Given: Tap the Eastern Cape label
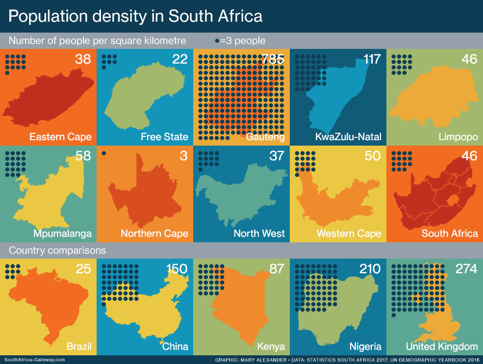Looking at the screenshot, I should [x=60, y=136].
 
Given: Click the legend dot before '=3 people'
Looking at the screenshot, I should [x=217, y=41].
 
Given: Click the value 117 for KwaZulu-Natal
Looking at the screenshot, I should [x=372, y=59].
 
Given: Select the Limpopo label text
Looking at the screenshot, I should [x=458, y=136].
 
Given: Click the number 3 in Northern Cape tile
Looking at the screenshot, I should [x=183, y=156].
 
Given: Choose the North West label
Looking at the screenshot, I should [x=259, y=234].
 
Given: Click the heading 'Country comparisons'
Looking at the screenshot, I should [x=57, y=250].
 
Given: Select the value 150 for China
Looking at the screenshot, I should [x=176, y=269].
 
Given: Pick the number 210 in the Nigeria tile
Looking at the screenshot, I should [x=370, y=269].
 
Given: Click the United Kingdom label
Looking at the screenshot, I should [x=442, y=347].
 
